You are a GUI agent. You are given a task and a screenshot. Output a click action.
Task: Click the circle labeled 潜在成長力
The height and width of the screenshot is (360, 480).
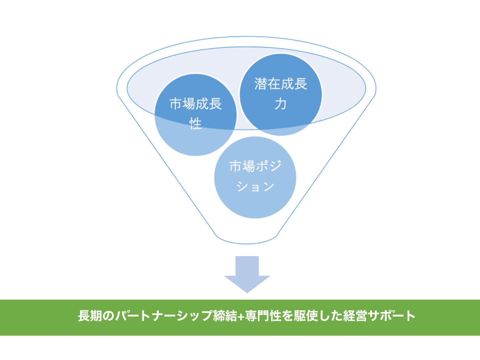(x=281, y=95)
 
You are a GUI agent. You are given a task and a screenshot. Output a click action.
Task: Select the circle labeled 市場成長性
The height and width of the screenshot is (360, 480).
(x=195, y=115)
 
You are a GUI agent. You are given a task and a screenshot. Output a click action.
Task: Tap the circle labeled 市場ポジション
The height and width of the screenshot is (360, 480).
(x=255, y=177)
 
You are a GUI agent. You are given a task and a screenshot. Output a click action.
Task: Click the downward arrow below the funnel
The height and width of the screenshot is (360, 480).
(x=247, y=274)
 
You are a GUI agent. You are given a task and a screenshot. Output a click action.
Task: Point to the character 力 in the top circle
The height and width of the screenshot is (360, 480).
(x=281, y=104)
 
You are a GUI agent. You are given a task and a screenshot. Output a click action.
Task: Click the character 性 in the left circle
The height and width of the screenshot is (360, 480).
(x=195, y=124)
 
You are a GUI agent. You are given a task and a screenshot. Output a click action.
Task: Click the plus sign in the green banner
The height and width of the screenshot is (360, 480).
(x=241, y=316)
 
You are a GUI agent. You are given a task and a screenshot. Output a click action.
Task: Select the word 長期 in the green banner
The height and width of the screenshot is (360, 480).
(x=90, y=316)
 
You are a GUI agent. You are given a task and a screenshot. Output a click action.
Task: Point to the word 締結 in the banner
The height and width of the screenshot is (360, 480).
(x=225, y=316)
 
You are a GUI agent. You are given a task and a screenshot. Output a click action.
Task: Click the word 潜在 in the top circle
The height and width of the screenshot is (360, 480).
(x=267, y=84)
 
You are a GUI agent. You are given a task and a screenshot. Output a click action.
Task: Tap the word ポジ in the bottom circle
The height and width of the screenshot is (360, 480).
(x=268, y=166)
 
